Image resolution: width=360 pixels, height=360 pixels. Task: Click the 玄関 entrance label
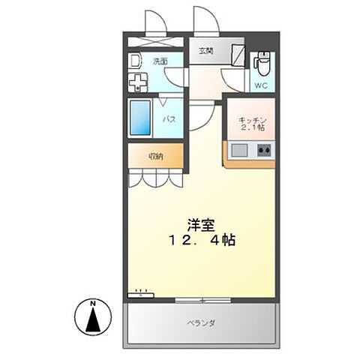(x=206, y=51)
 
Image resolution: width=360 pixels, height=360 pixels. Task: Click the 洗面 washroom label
(x=160, y=61)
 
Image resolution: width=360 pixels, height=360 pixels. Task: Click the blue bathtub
(x=140, y=118)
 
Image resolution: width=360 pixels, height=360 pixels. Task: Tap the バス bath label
(x=170, y=118)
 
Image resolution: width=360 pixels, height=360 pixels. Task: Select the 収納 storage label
(x=155, y=157)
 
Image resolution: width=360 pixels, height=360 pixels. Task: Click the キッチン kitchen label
(x=253, y=120)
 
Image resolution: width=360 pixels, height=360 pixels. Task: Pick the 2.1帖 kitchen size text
(x=253, y=128)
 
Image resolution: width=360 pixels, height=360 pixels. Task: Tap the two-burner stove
(x=264, y=151)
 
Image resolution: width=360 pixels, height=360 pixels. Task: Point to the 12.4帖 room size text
(x=201, y=241)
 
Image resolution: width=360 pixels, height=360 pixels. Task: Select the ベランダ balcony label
(x=200, y=323)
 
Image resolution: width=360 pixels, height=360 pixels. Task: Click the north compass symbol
(x=93, y=320)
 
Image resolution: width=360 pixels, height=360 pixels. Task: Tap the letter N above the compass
(x=93, y=303)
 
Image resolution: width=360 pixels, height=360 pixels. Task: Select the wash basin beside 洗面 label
(x=135, y=61)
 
